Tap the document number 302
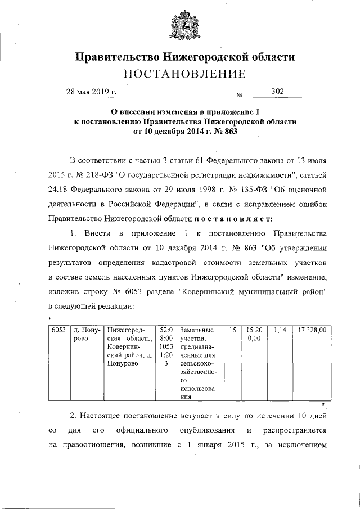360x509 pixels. (x=277, y=91)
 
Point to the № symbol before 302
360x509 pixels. (x=239, y=95)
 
